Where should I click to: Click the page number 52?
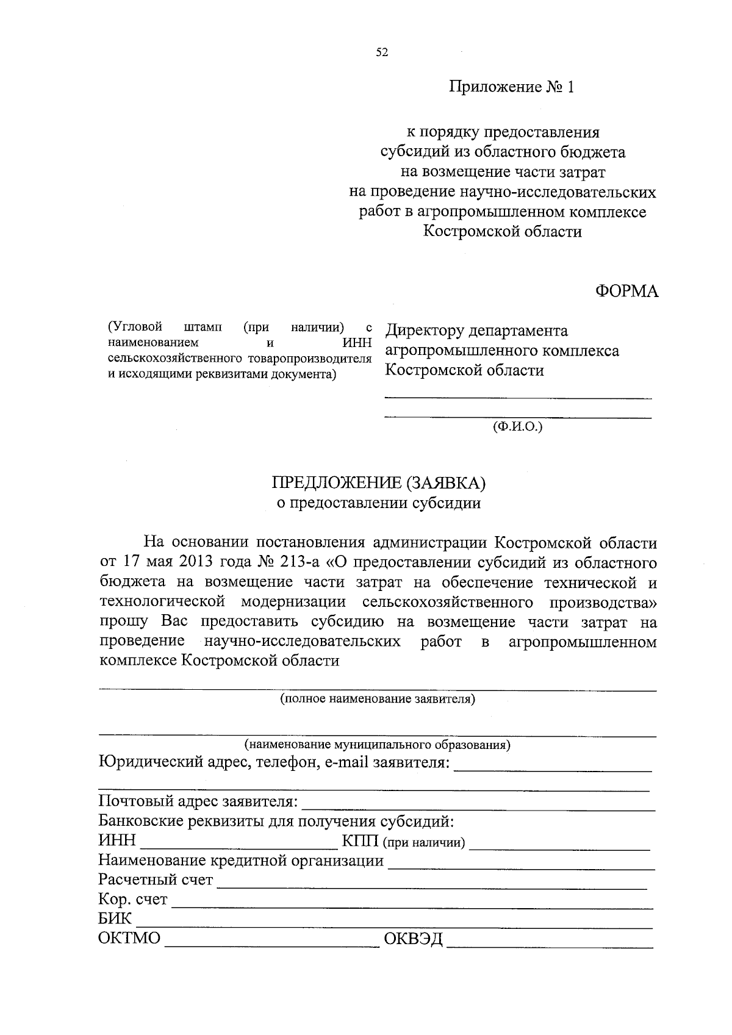[x=382, y=53]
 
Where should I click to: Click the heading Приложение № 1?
[x=512, y=87]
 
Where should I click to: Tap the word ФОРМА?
[x=626, y=292]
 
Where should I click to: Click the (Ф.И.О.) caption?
[x=517, y=428]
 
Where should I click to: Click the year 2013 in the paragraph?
[x=192, y=562]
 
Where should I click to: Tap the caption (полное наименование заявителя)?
[x=378, y=699]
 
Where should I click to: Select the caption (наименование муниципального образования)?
[x=378, y=745]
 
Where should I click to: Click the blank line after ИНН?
[x=238, y=845]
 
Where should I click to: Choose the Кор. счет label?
[x=132, y=900]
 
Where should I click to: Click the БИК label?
[x=115, y=919]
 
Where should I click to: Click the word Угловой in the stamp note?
[x=135, y=327]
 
